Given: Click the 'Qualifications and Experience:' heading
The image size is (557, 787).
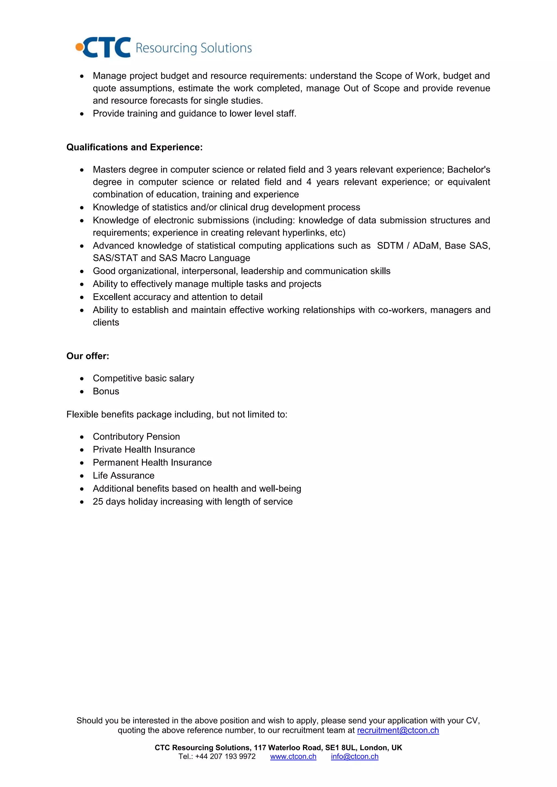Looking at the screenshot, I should coord(134,147).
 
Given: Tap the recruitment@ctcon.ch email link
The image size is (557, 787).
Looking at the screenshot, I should coord(398,730).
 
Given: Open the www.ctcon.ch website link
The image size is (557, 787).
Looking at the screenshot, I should coord(293,757).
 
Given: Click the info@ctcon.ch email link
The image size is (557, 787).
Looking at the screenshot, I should coord(355,757).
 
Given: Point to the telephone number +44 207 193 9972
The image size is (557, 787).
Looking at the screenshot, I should coord(225,757).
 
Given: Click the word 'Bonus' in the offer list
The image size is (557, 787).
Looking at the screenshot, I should coord(106,391).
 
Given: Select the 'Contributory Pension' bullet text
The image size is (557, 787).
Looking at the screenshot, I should coord(136,436).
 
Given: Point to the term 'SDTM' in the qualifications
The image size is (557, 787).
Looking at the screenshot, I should coord(390,245).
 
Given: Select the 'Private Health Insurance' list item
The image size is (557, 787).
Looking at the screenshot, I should coord(144,449).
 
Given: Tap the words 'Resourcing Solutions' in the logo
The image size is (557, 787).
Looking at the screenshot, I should coord(194,48).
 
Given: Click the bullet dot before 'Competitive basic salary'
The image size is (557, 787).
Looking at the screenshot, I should coord(82,379).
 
